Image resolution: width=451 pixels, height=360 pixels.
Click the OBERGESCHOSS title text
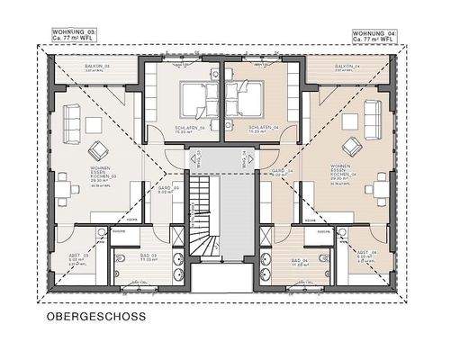tap(95, 317)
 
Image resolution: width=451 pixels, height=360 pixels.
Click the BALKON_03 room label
tap(96, 67)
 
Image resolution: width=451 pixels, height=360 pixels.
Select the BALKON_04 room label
tap(347, 67)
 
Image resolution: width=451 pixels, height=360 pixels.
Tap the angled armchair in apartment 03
tap(97, 148)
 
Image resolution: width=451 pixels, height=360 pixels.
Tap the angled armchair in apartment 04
tap(349, 148)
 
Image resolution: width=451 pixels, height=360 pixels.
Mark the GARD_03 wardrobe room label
tap(167, 190)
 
